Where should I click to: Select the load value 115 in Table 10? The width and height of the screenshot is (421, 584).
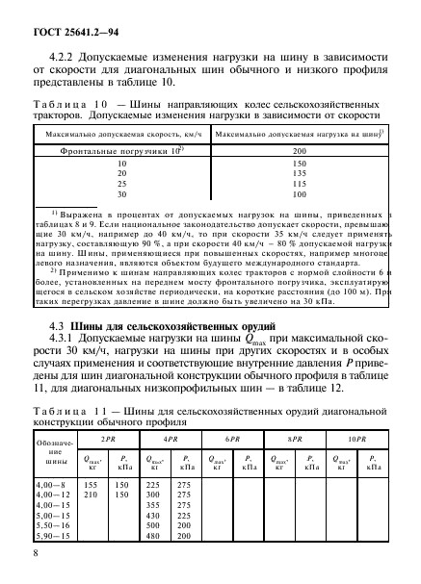[x=299, y=185]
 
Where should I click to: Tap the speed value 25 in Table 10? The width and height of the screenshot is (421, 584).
[x=121, y=185]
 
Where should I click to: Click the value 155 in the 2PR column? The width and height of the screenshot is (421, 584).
[x=92, y=484]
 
